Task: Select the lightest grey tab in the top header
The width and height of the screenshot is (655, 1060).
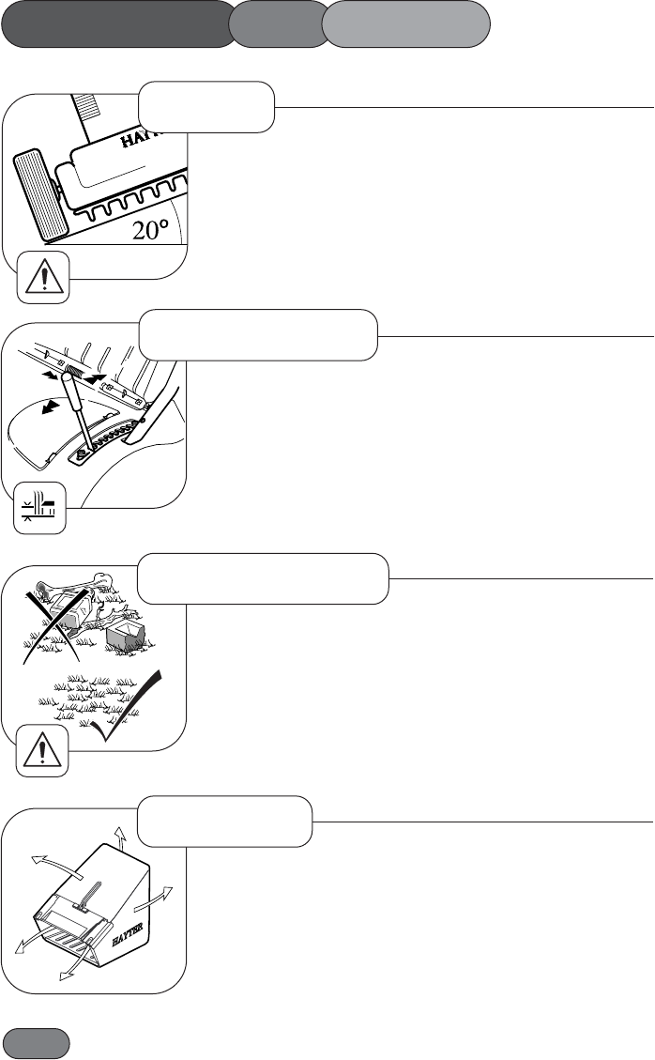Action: pyautogui.click(x=406, y=24)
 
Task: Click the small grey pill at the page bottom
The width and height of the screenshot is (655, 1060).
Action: pyautogui.click(x=37, y=1043)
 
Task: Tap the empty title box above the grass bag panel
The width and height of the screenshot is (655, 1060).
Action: pyautogui.click(x=224, y=821)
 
